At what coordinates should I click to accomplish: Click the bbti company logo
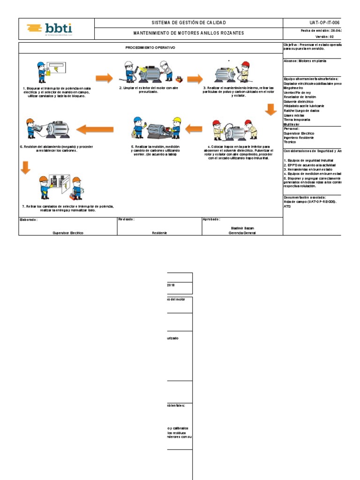coord(49,30)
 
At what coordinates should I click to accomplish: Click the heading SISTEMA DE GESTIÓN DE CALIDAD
coord(189,23)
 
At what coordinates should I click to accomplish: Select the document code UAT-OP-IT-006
coord(324,23)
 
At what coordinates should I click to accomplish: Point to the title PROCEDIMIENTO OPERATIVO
coord(150,48)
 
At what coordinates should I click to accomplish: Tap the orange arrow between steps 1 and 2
coord(104,78)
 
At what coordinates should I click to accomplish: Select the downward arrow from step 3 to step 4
coord(271,109)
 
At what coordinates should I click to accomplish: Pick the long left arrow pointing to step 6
coord(95,128)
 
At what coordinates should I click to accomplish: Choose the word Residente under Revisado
coord(159,232)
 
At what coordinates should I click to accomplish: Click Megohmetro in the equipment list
coord(293,88)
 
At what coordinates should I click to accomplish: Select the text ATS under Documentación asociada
coord(287,206)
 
